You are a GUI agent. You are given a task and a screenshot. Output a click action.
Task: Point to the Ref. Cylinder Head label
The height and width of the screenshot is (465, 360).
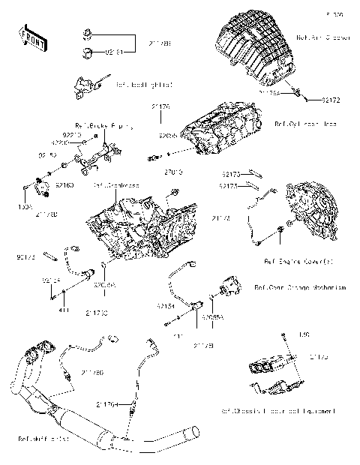coord(300,124)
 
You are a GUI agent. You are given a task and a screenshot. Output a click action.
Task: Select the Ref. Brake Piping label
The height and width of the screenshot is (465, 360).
coord(94,126)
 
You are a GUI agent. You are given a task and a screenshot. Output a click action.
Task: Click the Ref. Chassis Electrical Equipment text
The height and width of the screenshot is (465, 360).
coord(277,411)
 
